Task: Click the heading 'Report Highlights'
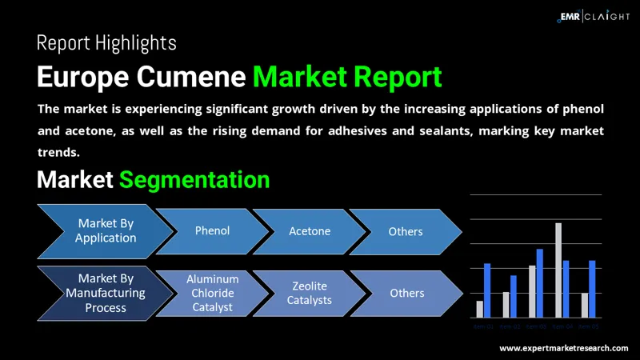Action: [106, 42]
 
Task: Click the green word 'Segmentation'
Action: [194, 179]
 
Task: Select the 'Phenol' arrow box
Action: [212, 230]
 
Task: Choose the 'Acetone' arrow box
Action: [310, 231]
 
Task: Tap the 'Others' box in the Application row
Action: [406, 231]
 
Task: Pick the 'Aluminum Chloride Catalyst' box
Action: [212, 293]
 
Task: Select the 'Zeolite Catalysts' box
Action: [310, 293]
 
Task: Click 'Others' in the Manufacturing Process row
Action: [406, 293]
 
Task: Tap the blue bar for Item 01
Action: [487, 290]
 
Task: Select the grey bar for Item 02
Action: [506, 305]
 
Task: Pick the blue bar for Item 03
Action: [540, 283]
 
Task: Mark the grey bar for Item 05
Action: [585, 306]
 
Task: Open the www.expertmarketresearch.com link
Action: [564, 349]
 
